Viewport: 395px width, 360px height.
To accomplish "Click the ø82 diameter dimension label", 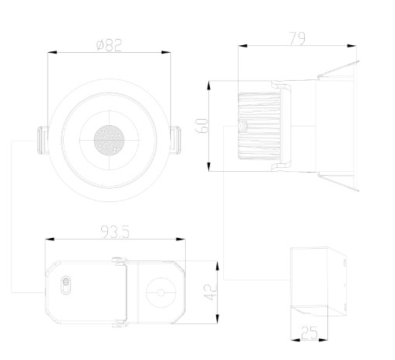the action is click(x=109, y=45).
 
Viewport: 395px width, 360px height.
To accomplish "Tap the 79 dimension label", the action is click(x=297, y=39).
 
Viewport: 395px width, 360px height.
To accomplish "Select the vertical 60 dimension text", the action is click(x=201, y=126).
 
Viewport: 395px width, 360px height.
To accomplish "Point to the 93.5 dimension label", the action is click(x=115, y=232).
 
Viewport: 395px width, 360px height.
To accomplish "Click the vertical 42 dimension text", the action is click(x=210, y=292).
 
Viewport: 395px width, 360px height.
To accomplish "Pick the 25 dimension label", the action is click(x=309, y=333).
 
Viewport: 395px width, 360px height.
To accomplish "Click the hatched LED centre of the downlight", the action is click(x=109, y=140).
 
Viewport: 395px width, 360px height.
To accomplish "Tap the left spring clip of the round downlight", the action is click(x=43, y=140).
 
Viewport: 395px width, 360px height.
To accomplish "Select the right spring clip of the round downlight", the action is click(x=176, y=140).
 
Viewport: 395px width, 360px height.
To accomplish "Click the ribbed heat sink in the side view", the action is click(x=259, y=126).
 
